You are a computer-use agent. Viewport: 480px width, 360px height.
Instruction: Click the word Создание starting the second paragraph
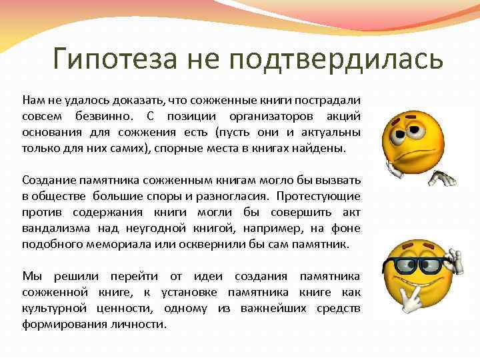tap(46, 180)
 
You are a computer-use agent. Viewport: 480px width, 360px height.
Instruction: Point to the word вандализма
tap(53, 228)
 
